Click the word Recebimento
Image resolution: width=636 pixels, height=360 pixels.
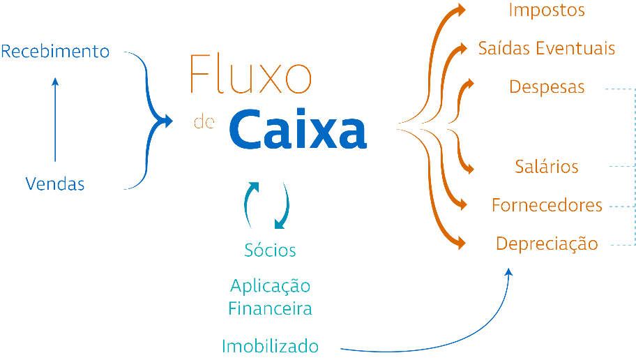click(55, 52)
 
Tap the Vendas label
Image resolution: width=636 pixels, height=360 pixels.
click(55, 184)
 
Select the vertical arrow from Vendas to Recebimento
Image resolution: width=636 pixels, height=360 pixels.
click(56, 119)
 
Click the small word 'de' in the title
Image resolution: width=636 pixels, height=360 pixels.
click(203, 122)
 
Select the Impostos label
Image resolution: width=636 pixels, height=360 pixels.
click(546, 10)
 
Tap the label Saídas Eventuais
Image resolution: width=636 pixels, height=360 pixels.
click(546, 49)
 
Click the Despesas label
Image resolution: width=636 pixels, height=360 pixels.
click(547, 88)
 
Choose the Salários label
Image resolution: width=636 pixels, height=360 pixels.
click(547, 167)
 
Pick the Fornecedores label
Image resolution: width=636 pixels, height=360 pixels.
click(547, 206)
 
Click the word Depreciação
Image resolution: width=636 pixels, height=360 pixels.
click(547, 244)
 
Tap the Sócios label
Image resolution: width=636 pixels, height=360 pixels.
click(270, 250)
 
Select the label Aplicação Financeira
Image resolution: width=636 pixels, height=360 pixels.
click(270, 297)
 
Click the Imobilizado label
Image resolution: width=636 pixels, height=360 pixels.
click(270, 346)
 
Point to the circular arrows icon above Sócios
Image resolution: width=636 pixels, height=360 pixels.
click(266, 204)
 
